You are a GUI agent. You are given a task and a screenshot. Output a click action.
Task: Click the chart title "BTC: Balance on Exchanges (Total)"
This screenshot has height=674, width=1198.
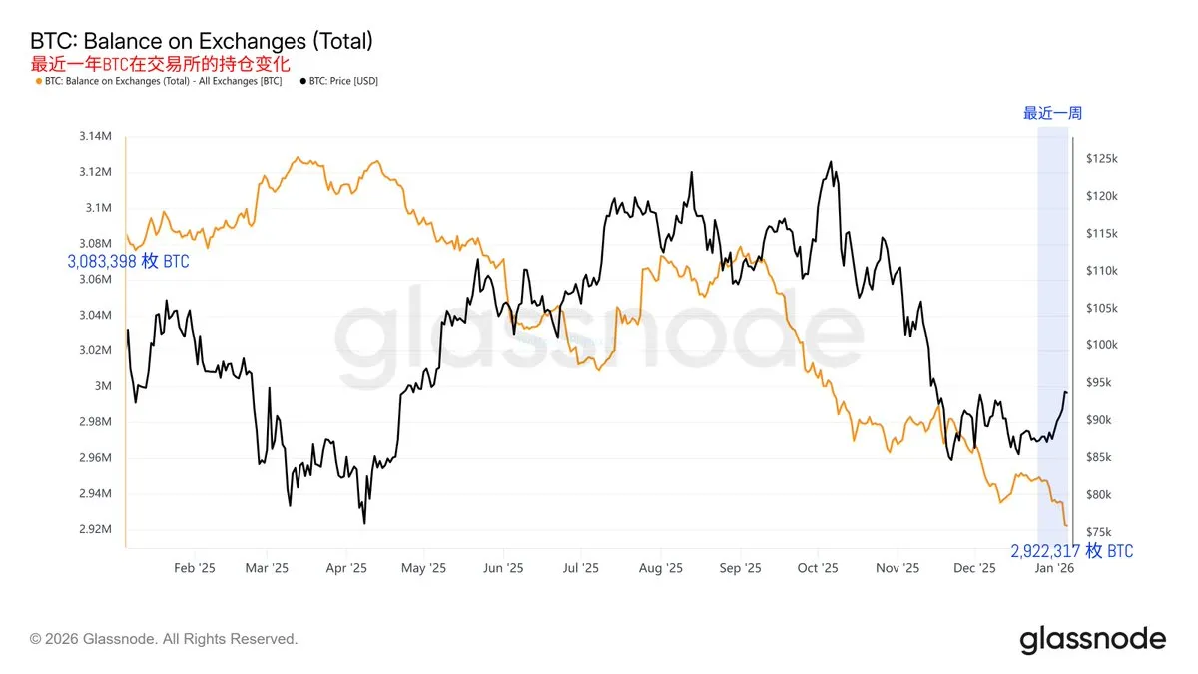coord(202,42)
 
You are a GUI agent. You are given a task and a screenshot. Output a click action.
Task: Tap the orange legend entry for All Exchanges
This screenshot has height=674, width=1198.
coord(158,81)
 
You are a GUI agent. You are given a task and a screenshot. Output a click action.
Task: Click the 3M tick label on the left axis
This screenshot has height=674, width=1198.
coord(103,386)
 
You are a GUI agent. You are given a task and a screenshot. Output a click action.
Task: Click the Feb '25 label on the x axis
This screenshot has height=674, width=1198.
coord(195,568)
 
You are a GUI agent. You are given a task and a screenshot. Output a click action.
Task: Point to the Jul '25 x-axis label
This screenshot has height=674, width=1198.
coord(580,568)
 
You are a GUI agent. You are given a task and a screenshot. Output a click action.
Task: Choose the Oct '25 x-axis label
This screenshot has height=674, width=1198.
coord(818,568)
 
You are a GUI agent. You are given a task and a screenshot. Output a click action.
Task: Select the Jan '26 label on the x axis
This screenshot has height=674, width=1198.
coord(1054,568)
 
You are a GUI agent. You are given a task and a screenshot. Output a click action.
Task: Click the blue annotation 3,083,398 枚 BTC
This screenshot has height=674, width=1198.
coord(128,262)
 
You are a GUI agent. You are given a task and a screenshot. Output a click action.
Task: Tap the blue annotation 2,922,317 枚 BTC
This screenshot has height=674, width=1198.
coord(1071,551)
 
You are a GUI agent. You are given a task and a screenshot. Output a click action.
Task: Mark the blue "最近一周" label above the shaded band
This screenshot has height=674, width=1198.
coord(1052,113)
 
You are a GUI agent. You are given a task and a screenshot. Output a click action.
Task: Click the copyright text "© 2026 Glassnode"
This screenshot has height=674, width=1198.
coord(164,639)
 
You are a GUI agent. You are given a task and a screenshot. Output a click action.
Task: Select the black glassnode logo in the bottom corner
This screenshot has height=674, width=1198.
coord(1092,639)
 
